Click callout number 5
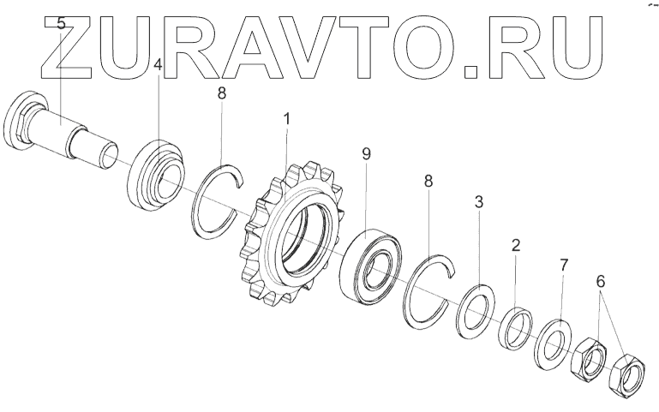pos(61,24)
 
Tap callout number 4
pos(158,65)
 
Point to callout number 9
pos(366,155)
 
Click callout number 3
pos(478,203)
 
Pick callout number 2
pos(515,246)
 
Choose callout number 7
pos(563,266)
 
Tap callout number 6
pos(601,281)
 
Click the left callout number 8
pos(222,93)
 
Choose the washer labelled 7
pos(553,343)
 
